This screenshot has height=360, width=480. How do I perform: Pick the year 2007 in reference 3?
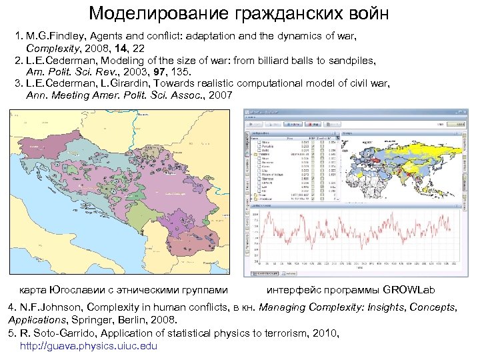click(220, 95)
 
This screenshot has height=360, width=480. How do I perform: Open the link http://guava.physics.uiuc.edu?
click(89, 345)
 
